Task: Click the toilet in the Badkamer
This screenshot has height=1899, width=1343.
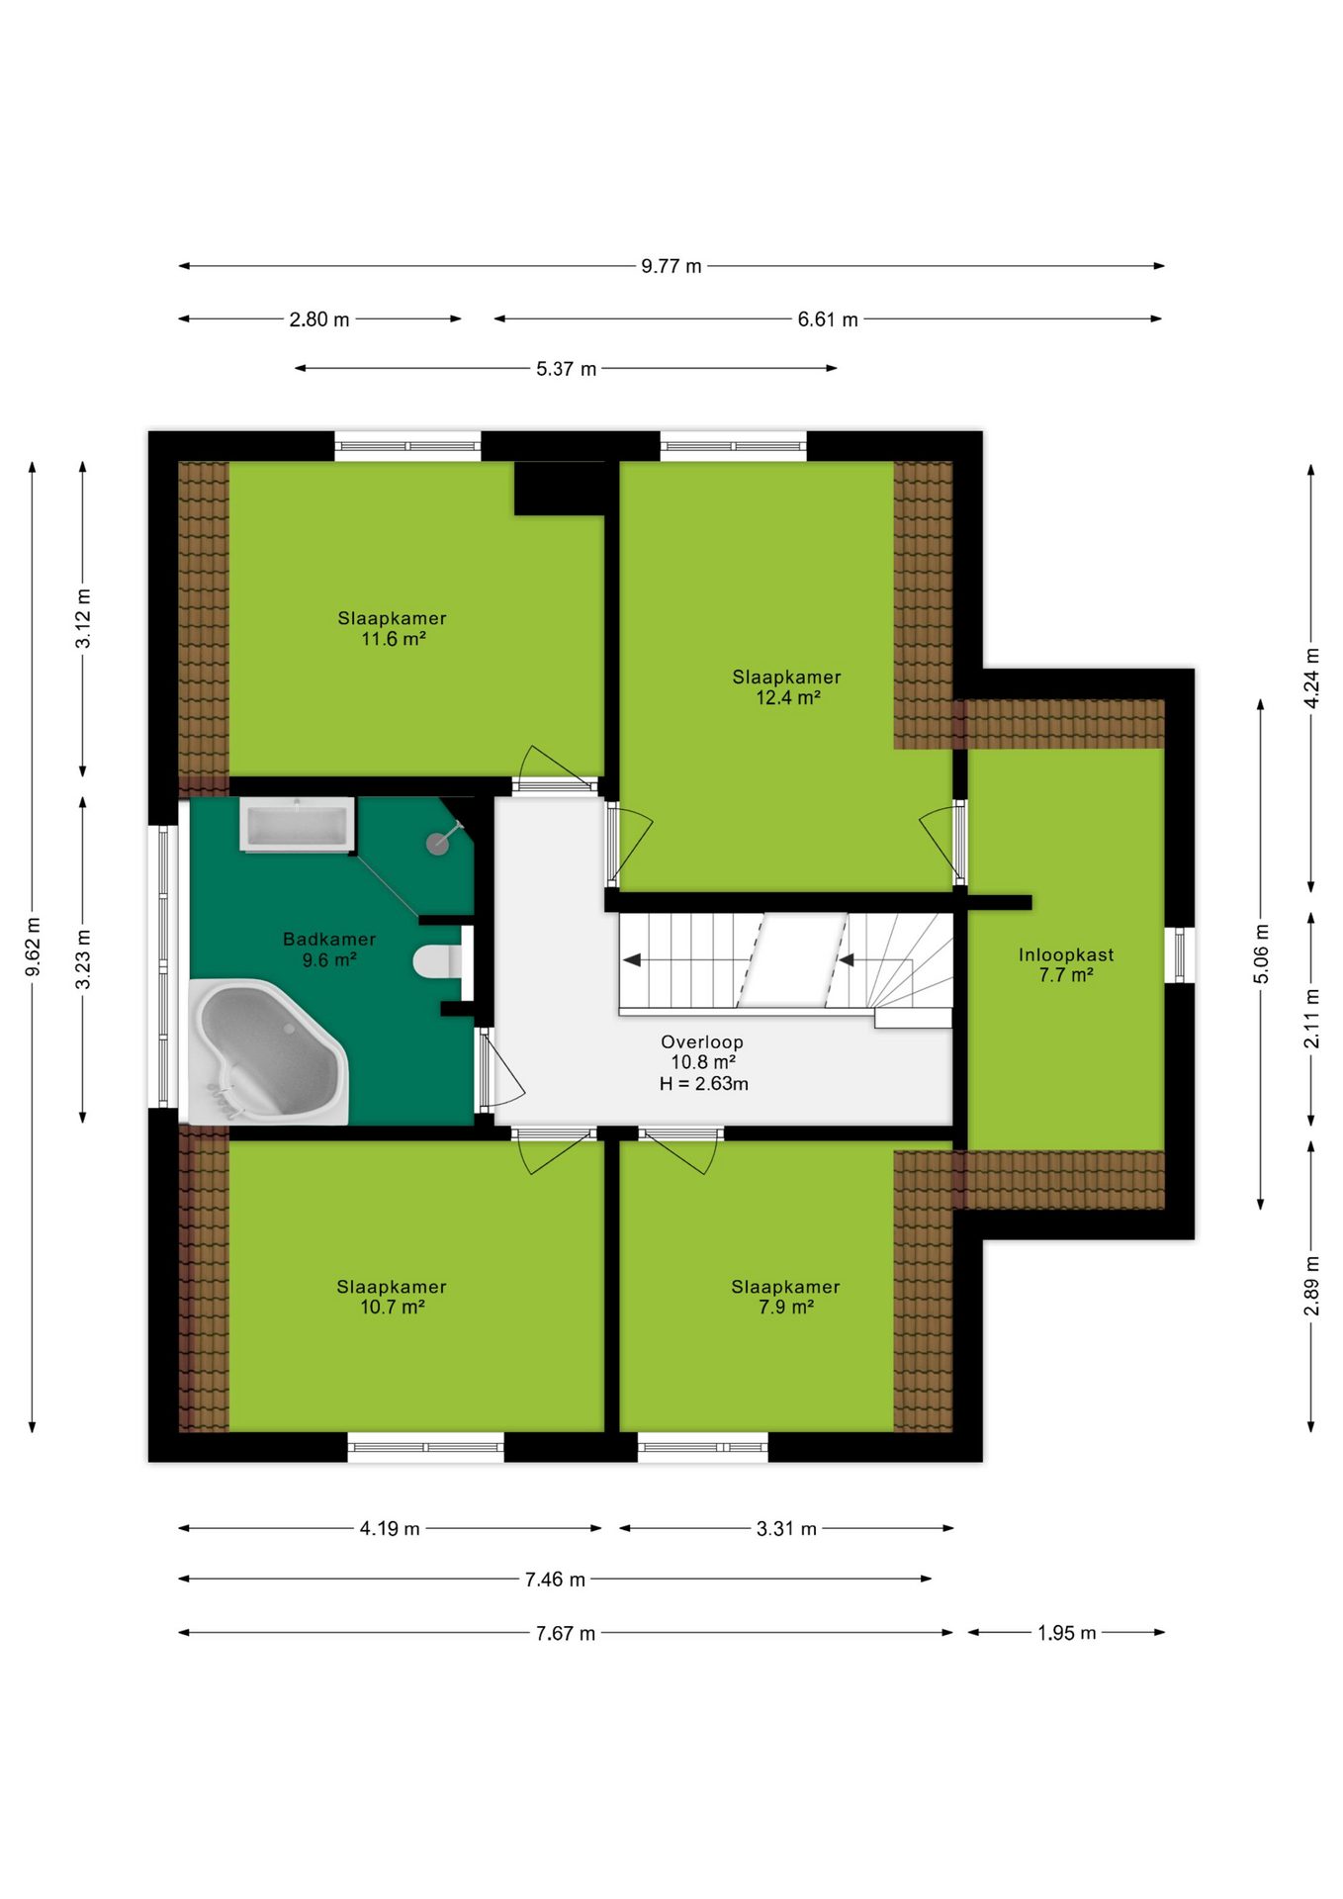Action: click(436, 961)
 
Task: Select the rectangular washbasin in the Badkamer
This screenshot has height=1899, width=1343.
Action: click(297, 825)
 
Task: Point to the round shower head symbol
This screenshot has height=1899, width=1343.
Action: click(437, 844)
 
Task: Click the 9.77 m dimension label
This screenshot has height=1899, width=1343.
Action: click(671, 266)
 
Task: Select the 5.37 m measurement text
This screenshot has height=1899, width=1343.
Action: click(567, 369)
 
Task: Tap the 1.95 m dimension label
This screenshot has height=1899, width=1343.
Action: click(1067, 1633)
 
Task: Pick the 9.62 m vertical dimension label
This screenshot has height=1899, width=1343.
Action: click(33, 947)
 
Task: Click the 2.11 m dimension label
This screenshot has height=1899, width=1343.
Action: click(1311, 1019)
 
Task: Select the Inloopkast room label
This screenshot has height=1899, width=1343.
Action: click(1066, 954)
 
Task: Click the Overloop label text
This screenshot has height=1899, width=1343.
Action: click(702, 1041)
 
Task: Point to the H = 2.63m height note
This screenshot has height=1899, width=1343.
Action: click(704, 1084)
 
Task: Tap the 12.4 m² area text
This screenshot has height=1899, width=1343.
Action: click(788, 698)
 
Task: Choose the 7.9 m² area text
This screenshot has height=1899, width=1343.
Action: click(786, 1308)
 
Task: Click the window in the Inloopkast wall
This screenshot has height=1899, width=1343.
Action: click(1179, 954)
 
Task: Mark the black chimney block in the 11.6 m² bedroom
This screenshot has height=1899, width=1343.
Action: click(560, 488)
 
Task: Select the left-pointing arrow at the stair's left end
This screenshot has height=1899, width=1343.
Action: click(631, 959)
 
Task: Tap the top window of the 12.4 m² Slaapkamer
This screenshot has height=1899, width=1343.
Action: click(733, 446)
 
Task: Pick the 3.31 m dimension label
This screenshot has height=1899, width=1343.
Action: click(787, 1529)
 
